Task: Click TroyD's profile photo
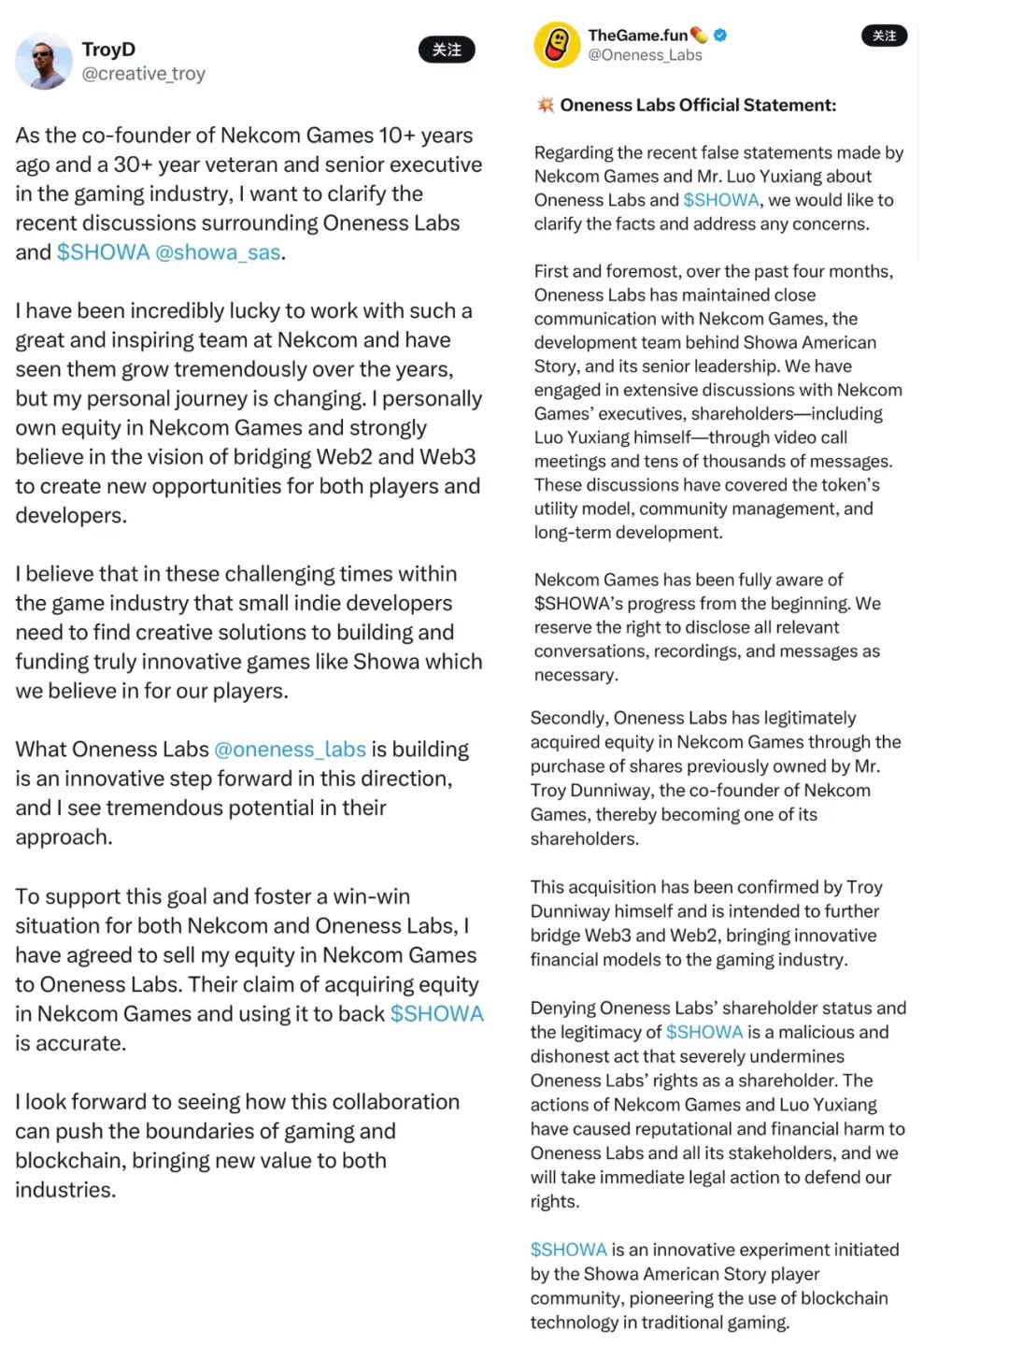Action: point(43,62)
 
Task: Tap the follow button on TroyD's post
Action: point(447,50)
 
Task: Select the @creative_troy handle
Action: point(143,74)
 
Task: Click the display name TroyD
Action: point(108,49)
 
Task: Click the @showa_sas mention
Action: point(218,252)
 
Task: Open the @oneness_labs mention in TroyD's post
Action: point(290,750)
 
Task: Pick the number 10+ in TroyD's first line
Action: point(396,136)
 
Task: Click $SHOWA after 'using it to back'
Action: point(436,1014)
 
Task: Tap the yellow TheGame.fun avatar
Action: point(557,45)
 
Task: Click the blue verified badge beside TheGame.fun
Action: point(720,36)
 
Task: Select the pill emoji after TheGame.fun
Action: point(700,36)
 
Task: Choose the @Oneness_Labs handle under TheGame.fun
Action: point(645,55)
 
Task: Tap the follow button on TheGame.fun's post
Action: point(884,36)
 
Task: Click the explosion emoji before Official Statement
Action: point(546,105)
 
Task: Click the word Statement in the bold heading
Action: point(793,105)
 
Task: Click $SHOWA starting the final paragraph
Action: point(568,1250)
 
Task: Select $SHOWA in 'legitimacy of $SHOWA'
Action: point(704,1032)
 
